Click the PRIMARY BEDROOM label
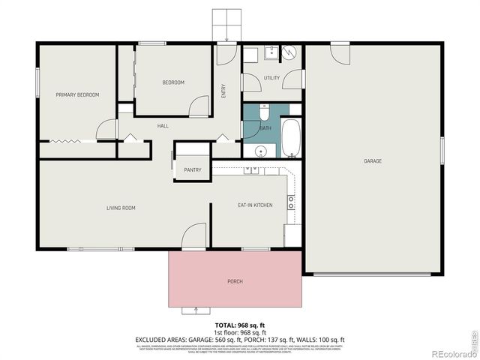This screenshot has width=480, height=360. [x=77, y=94]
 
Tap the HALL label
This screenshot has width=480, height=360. [x=163, y=126]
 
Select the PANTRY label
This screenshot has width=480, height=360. [x=192, y=170]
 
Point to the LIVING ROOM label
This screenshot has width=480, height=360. [x=120, y=208]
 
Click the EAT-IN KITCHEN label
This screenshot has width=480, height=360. [x=255, y=205]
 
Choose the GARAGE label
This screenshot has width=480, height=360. [x=373, y=161]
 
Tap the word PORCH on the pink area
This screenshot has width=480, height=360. [x=235, y=281]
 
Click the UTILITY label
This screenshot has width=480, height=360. [x=271, y=78]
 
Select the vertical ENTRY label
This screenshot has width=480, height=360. [x=223, y=90]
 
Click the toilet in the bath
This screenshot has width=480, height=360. [x=264, y=112]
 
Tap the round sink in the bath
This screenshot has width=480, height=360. [x=260, y=151]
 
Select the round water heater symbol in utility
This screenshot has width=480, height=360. [x=289, y=52]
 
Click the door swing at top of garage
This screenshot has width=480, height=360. [x=340, y=53]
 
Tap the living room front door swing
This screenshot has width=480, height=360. [x=194, y=235]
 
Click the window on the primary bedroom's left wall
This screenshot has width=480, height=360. [x=37, y=81]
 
